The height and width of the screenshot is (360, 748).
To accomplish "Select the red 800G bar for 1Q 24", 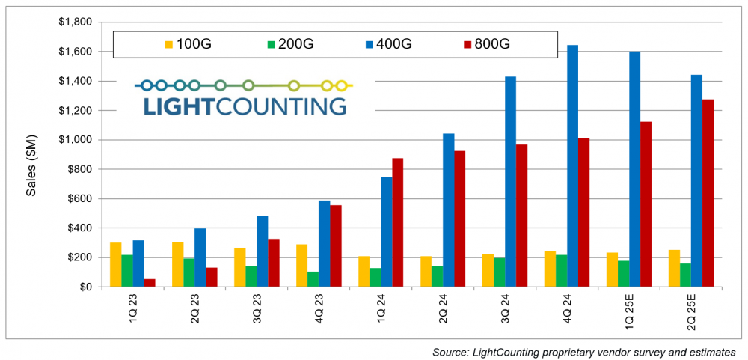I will [x=397, y=222].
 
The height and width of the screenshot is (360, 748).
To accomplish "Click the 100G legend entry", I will [x=188, y=44].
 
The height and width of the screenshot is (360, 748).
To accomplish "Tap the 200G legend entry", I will [x=289, y=44].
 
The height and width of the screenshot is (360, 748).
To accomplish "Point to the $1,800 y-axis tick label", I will [x=74, y=22].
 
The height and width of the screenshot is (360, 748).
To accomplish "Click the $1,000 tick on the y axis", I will [x=74, y=140].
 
